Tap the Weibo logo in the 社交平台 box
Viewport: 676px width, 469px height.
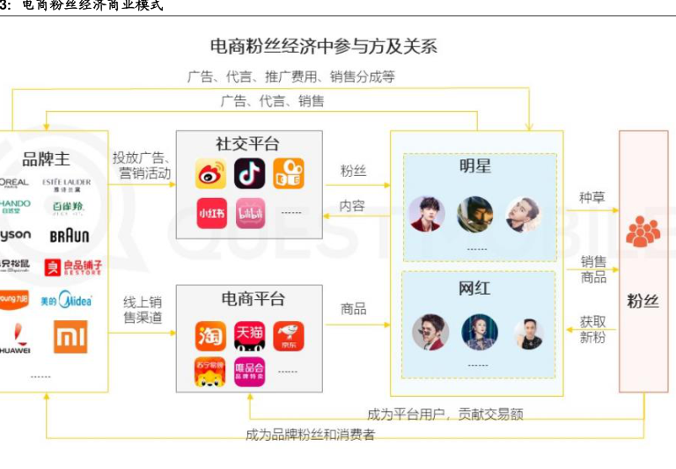[210, 173]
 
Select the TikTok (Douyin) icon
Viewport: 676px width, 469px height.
[249, 173]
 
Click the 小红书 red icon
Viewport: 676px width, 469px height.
[210, 213]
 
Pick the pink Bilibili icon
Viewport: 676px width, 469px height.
[249, 213]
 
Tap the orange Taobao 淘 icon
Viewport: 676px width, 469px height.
[210, 335]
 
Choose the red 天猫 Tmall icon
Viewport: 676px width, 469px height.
[249, 335]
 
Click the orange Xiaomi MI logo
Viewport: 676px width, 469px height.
[70, 336]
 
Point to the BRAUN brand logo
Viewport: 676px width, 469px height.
[69, 236]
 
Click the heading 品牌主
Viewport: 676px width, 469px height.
[46, 159]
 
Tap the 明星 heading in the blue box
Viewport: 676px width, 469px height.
[477, 166]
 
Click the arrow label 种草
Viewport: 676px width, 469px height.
[591, 197]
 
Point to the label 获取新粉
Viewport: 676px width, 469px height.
[591, 329]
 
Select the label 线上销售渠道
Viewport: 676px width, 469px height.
[143, 310]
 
